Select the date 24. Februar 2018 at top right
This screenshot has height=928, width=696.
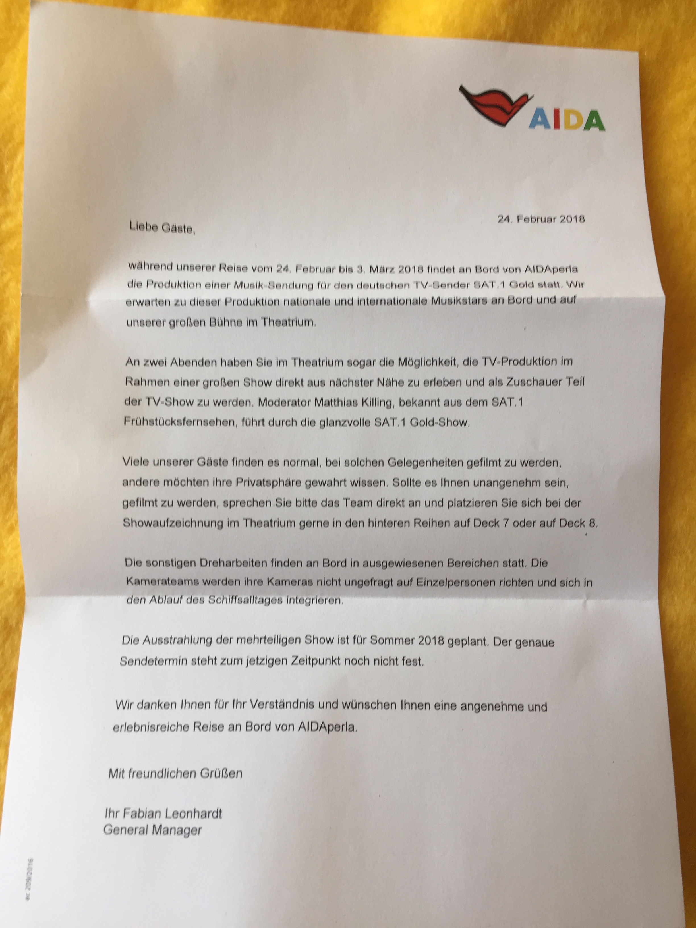[541, 219]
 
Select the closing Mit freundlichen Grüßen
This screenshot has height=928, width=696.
[175, 773]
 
